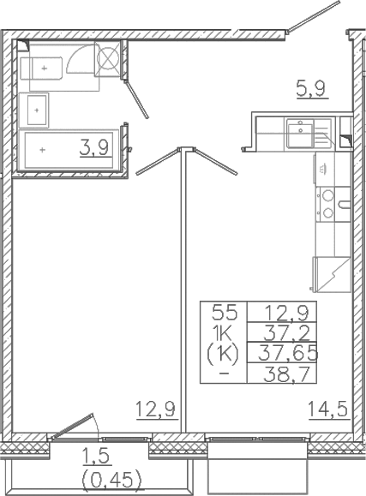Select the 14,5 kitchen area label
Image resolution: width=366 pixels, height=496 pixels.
[328, 410]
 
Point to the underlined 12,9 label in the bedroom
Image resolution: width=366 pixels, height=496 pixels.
[155, 410]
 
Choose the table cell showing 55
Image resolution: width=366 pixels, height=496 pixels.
[223, 313]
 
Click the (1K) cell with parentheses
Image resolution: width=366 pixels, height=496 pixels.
[223, 352]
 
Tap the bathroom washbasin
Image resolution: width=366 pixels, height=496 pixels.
[38, 109]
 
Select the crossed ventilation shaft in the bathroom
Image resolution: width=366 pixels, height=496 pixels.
[110, 59]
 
